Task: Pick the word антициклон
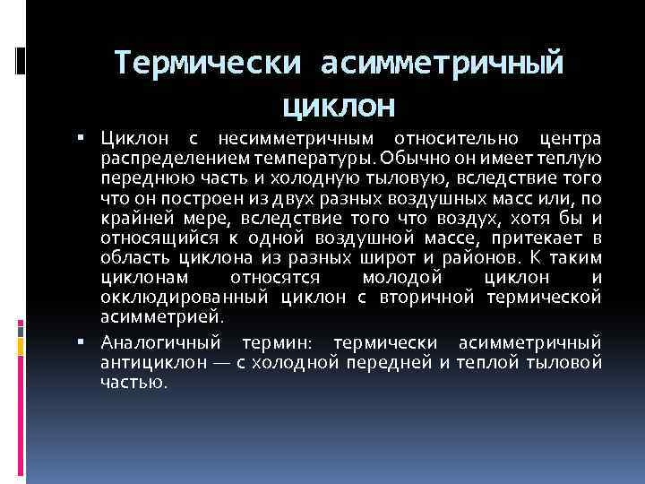point(149,361)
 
